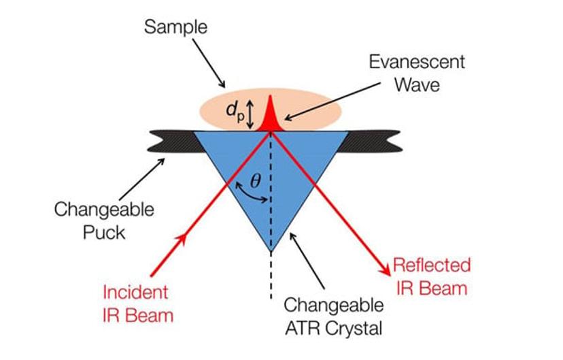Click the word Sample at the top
pos(176,28)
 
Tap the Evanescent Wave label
pos(417,72)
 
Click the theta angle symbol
pos(255,182)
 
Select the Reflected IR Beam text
pos(431,276)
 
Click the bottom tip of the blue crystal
pos(271,250)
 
